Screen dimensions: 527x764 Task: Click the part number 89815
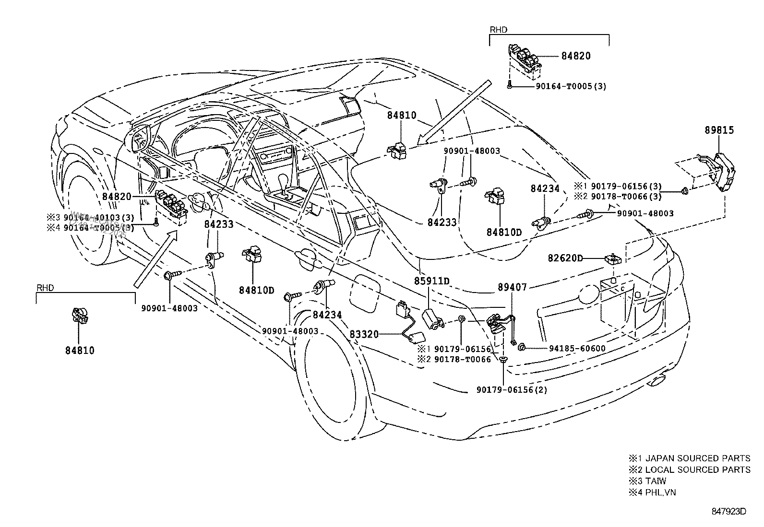719,130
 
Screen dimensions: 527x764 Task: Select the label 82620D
565,258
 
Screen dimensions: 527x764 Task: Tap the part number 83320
362,334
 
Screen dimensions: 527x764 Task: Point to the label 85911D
432,281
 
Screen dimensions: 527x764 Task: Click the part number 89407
512,287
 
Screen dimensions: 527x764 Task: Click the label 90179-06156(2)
512,390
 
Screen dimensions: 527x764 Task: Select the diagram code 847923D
728,511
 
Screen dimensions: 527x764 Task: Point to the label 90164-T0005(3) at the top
571,87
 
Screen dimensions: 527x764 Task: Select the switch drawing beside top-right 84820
524,60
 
